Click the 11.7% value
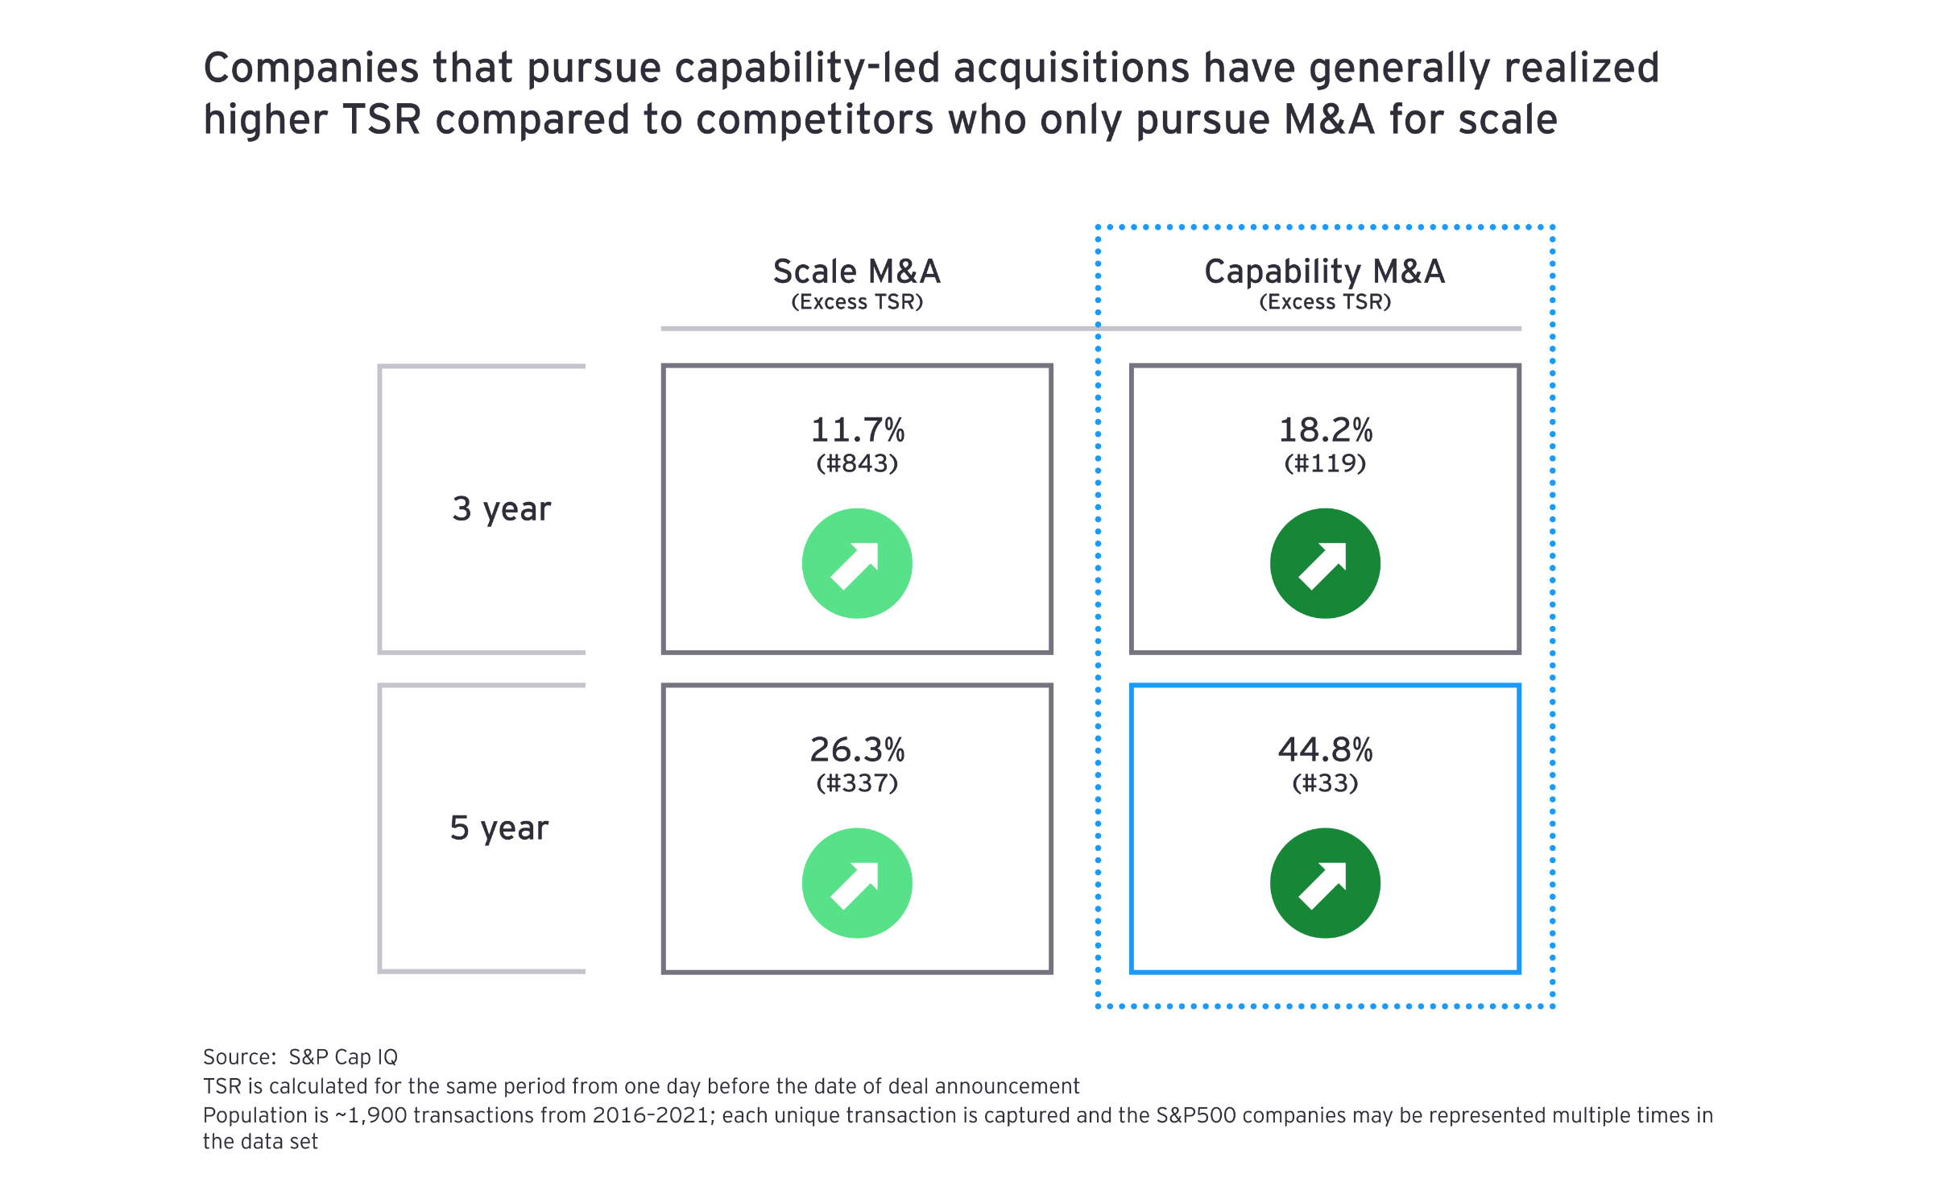click(857, 430)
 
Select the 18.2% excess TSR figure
click(1325, 430)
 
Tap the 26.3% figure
click(857, 750)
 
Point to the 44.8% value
click(1325, 750)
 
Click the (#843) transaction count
click(857, 463)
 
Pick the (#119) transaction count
click(1325, 463)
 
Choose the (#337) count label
click(857, 783)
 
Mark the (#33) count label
click(1325, 783)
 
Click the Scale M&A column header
click(857, 272)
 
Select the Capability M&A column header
click(1325, 272)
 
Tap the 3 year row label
click(502, 509)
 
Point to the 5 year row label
click(499, 828)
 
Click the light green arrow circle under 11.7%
click(857, 563)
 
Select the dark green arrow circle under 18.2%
click(1325, 563)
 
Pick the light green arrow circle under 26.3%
click(857, 883)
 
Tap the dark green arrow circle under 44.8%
click(1325, 883)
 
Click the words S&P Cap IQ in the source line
click(343, 1057)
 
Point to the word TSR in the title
click(382, 120)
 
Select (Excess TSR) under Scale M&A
click(857, 302)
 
